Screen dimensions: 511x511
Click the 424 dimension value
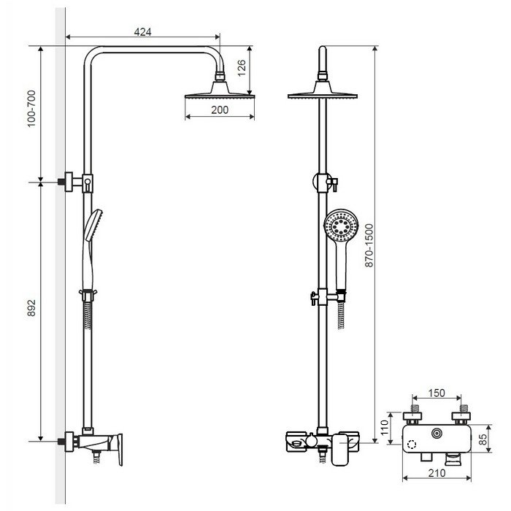click(x=143, y=32)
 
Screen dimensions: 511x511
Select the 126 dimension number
click(x=242, y=68)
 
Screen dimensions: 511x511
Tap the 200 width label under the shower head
click(x=220, y=109)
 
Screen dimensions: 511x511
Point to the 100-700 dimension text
click(x=31, y=109)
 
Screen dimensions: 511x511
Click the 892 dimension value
click(x=31, y=307)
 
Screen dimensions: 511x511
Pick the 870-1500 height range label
click(x=369, y=245)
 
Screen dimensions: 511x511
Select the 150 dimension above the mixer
click(x=437, y=393)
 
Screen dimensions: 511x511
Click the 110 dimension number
click(x=385, y=427)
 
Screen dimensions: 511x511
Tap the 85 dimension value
click(x=483, y=439)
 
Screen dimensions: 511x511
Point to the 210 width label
click(x=437, y=472)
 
